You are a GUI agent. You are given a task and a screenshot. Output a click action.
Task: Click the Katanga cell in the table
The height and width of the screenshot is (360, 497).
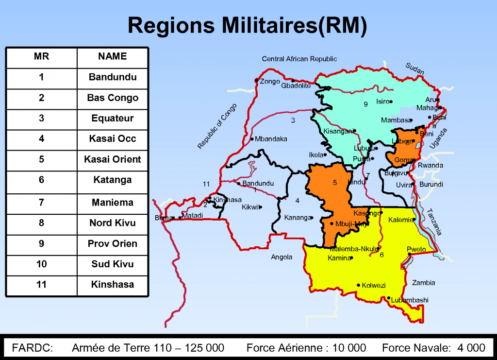click(x=113, y=180)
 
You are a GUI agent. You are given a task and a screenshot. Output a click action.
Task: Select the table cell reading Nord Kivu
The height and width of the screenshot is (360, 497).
click(x=113, y=223)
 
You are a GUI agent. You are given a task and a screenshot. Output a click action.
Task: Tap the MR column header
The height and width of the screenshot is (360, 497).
click(x=41, y=56)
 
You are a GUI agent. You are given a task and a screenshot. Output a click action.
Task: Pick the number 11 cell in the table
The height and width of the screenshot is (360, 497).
click(x=41, y=284)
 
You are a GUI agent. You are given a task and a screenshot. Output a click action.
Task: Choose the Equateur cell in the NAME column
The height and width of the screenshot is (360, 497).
click(x=113, y=118)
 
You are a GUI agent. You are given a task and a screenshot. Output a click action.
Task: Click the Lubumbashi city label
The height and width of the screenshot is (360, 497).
click(x=410, y=300)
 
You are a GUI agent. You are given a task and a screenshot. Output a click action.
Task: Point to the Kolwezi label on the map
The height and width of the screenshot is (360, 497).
click(x=374, y=285)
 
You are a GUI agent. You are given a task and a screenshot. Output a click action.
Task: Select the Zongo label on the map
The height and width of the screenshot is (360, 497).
click(x=270, y=82)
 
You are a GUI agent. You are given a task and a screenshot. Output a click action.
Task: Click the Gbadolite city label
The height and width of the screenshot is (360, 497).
click(x=296, y=86)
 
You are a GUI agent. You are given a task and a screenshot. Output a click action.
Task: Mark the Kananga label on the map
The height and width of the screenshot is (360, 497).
click(x=297, y=218)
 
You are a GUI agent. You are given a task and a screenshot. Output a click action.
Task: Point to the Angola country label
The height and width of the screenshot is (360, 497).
click(x=282, y=257)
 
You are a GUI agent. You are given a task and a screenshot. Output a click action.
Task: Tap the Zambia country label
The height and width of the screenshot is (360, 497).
click(x=423, y=283)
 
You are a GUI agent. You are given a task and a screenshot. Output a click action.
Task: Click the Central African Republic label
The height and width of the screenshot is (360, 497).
click(x=299, y=59)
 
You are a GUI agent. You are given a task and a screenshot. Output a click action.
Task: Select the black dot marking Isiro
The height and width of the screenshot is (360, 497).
click(x=391, y=102)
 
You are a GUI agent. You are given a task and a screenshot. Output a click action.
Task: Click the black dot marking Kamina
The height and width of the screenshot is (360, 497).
click(x=351, y=258)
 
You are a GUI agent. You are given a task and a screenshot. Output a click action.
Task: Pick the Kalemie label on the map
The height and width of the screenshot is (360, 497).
click(x=400, y=220)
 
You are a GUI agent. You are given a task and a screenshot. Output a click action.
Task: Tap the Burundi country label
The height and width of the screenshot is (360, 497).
click(x=431, y=185)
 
